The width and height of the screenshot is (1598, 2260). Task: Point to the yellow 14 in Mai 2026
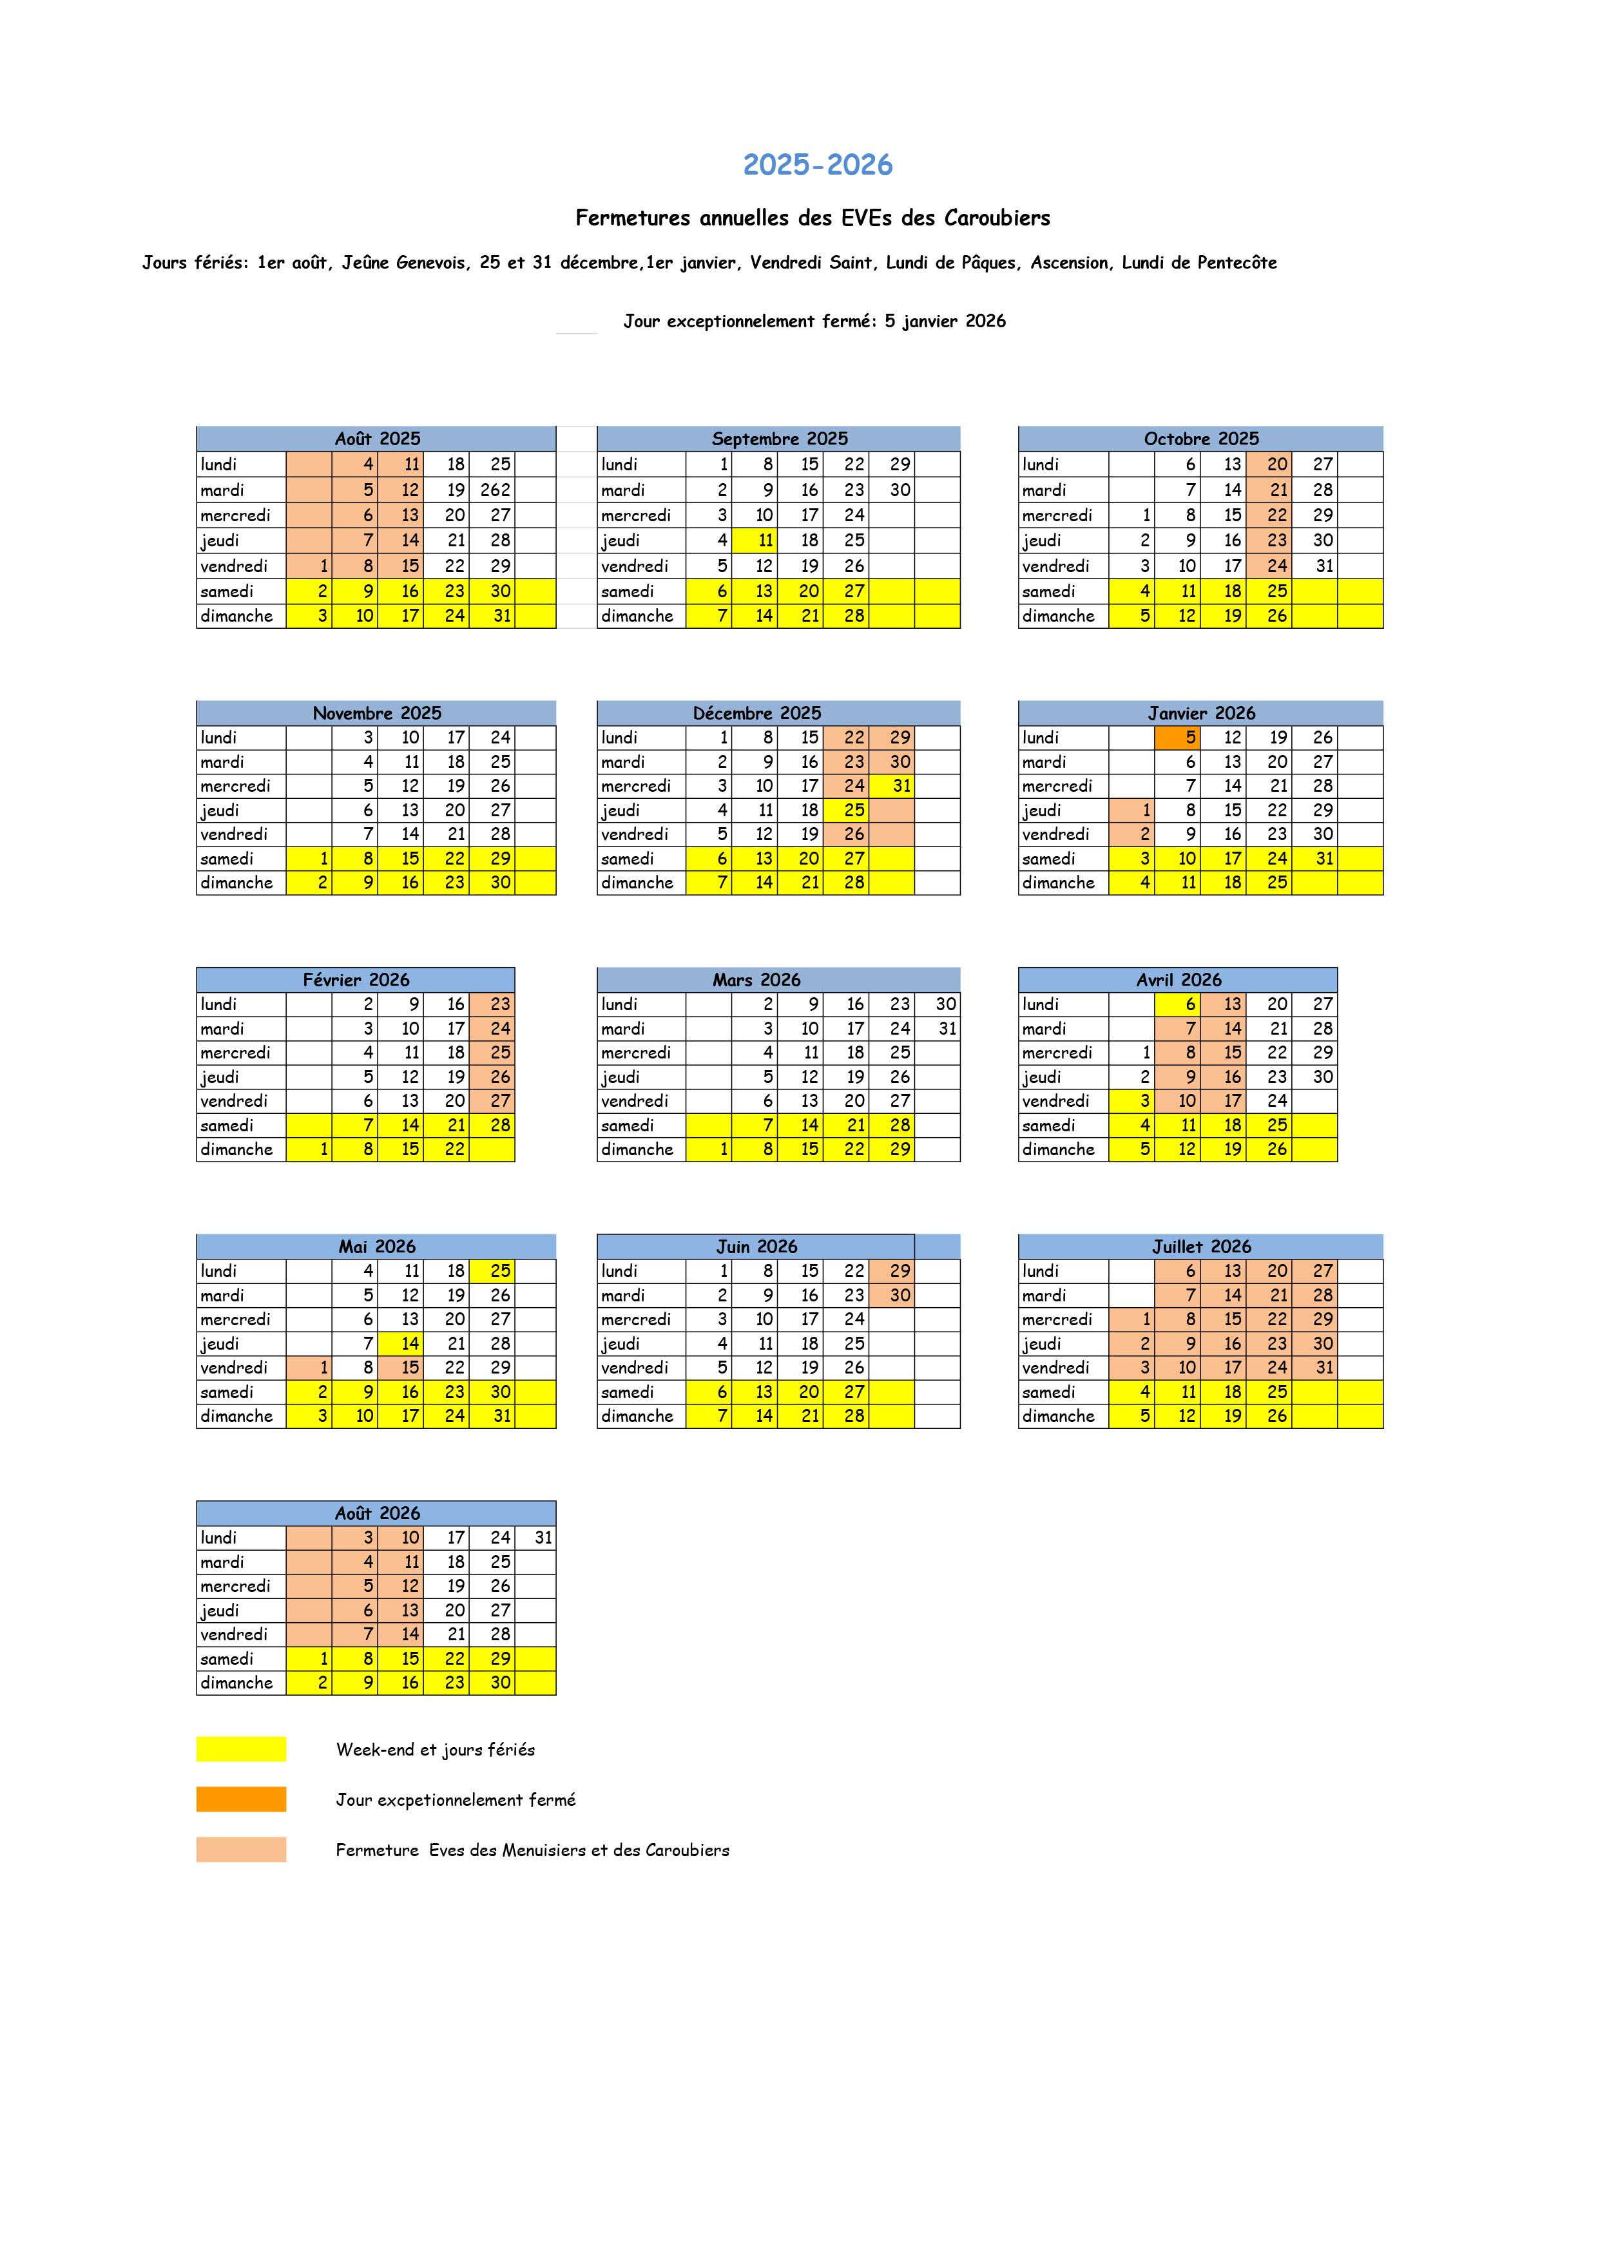401,1344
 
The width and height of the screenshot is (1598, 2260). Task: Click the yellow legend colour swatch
241,1749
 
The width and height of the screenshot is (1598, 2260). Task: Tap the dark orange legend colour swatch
241,1799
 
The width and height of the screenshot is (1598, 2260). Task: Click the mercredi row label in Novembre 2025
235,787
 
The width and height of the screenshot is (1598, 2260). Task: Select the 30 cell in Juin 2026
892,1296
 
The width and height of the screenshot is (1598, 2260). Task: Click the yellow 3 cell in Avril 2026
1131,1102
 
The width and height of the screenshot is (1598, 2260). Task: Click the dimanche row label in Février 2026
236,1150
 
